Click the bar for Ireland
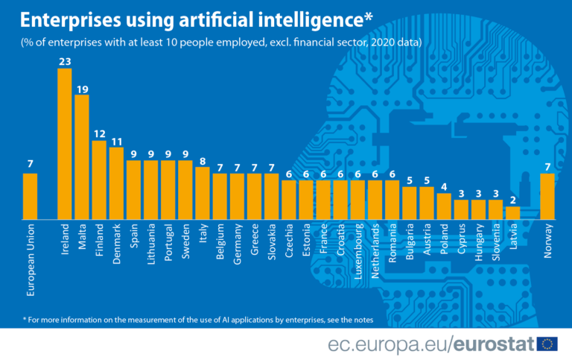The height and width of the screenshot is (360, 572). point(65,144)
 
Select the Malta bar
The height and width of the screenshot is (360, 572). point(82,157)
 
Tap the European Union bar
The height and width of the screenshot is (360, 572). point(30,196)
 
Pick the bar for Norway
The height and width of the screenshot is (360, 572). point(547,196)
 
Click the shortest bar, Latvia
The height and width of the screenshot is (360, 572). point(512,212)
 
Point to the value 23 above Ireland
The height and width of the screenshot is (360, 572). point(65,61)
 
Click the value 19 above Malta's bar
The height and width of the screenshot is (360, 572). point(82,89)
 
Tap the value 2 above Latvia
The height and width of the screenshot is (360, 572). point(512,200)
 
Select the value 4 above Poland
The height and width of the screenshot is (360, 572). point(444,186)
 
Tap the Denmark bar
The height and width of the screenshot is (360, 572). point(116,183)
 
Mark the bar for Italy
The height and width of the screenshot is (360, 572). point(202,193)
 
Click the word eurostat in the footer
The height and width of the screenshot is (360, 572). point(498,344)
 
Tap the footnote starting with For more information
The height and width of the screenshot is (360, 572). point(197,319)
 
